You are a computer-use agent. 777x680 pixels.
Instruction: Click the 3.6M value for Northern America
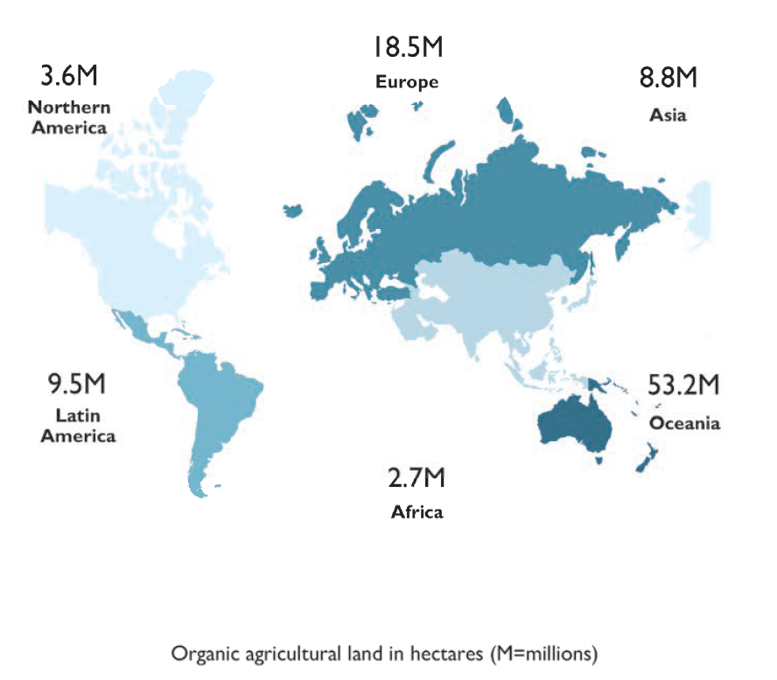click(x=69, y=76)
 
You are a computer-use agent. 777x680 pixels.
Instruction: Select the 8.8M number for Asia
click(x=668, y=79)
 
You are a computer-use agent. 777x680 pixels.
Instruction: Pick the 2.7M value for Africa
click(x=417, y=479)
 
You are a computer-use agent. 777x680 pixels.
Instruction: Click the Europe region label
click(x=407, y=83)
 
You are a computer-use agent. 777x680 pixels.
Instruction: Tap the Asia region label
click(x=668, y=115)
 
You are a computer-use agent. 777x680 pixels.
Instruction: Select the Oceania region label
click(x=684, y=423)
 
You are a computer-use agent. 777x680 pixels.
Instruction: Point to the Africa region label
click(x=416, y=512)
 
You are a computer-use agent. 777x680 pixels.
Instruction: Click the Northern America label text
click(x=69, y=117)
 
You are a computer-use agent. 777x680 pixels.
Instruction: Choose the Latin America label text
click(x=78, y=425)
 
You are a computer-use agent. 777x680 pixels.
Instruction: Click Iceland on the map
click(x=294, y=211)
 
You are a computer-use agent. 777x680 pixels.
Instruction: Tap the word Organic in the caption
click(x=199, y=653)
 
